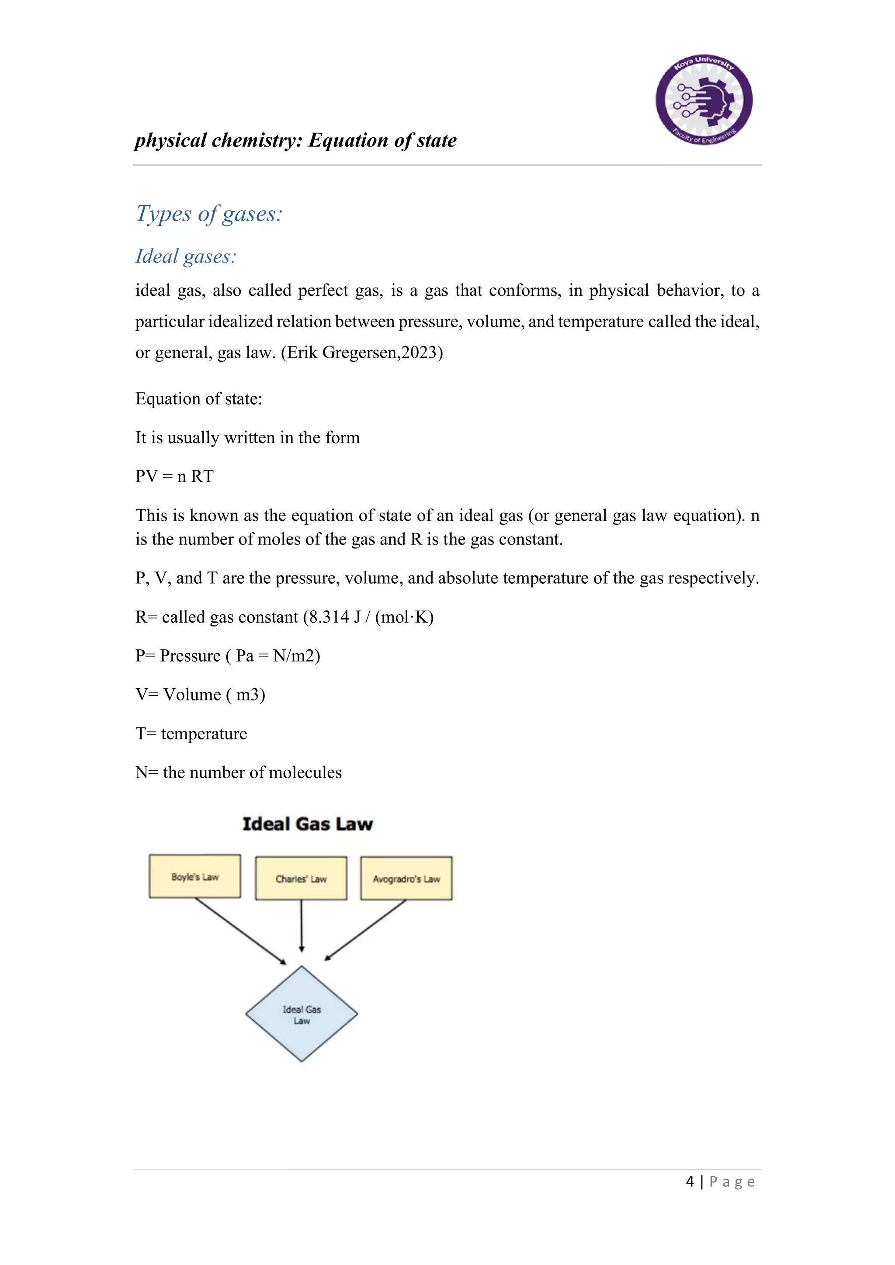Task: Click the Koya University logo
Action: [704, 100]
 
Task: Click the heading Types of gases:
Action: [209, 214]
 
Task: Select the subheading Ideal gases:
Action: [186, 256]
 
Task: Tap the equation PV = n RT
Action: [174, 476]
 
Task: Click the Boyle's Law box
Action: [195, 877]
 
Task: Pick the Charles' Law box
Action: [301, 879]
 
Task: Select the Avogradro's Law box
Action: [406, 879]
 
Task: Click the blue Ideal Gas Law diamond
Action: [302, 1014]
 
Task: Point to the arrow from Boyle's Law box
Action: [240, 931]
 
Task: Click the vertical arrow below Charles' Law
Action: [302, 925]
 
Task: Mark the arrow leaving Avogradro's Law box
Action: [366, 930]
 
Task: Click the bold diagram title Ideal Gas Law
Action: [308, 824]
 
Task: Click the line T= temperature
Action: [191, 734]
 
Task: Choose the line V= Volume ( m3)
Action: [200, 695]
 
